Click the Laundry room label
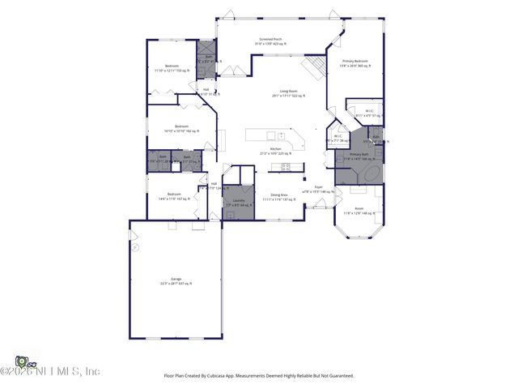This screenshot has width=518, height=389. (239, 202)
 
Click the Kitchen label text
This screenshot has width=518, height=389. (275, 151)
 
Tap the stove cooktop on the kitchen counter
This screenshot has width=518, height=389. (286, 167)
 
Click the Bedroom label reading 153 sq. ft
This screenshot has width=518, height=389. (172, 67)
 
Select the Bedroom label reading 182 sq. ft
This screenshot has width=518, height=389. (181, 128)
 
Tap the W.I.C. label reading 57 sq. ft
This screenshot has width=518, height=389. (369, 113)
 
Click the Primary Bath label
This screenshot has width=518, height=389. (359, 156)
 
